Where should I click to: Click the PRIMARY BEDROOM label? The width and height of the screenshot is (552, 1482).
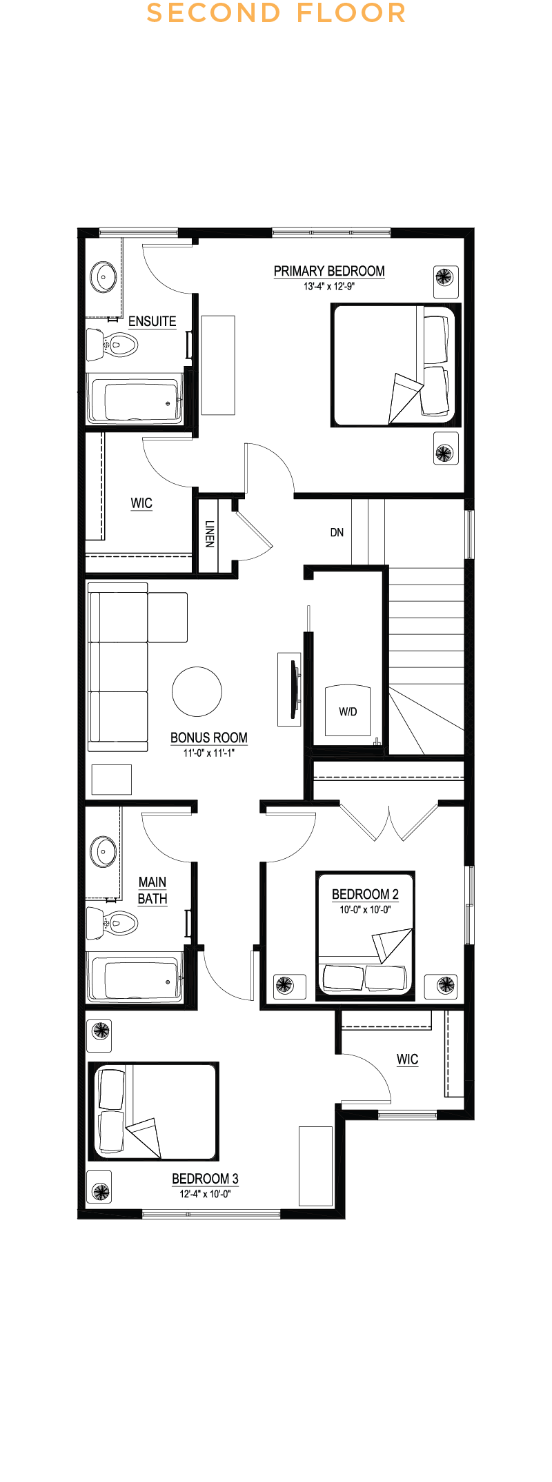click(x=329, y=271)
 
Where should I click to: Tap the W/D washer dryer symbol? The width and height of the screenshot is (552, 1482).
click(x=348, y=711)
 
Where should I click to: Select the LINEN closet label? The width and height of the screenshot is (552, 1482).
click(x=209, y=534)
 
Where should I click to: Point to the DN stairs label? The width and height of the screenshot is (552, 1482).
click(x=337, y=532)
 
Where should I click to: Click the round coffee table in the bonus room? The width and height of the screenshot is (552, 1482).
click(x=197, y=692)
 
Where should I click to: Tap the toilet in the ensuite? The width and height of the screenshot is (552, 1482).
click(x=114, y=344)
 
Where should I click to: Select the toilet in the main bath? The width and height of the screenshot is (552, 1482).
click(x=114, y=922)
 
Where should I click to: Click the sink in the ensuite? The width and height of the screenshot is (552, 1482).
click(x=104, y=277)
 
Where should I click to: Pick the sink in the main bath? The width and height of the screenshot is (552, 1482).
click(x=104, y=851)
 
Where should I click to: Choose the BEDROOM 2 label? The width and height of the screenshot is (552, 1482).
click(x=365, y=894)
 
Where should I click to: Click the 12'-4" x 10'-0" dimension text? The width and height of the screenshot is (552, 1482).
click(x=205, y=1194)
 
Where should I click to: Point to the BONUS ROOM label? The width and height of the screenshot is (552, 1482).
click(x=208, y=738)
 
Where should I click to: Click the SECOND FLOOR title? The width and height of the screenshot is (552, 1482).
click(x=276, y=13)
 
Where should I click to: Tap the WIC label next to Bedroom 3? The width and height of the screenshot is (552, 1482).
click(x=407, y=1059)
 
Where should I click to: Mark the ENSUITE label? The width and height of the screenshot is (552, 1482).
click(x=152, y=321)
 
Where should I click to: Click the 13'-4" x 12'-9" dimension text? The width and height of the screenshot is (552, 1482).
click(x=329, y=286)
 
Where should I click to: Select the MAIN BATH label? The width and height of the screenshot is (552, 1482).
click(x=152, y=890)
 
